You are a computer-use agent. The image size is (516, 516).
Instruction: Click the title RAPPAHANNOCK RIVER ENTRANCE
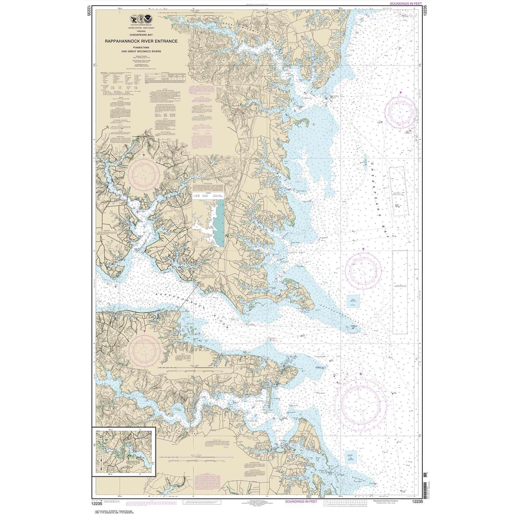click(141, 41)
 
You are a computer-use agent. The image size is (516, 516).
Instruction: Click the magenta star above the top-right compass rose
click(400, 93)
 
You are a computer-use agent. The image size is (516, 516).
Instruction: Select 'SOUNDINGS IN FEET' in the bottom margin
click(301, 502)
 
